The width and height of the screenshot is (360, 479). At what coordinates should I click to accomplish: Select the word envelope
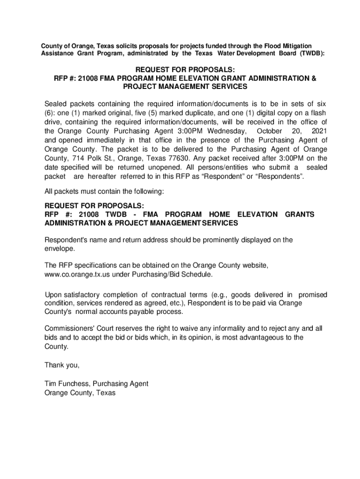(58, 249)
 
